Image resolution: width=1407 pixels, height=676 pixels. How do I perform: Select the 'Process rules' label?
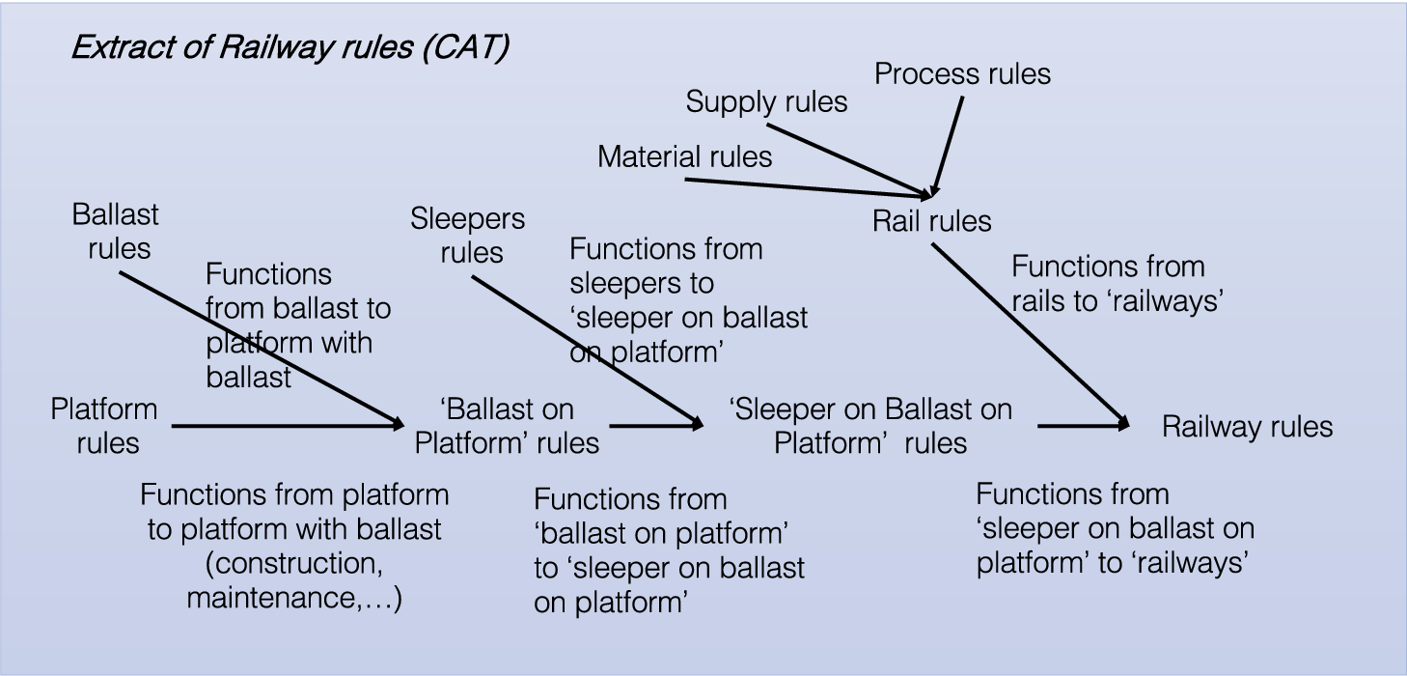[962, 74]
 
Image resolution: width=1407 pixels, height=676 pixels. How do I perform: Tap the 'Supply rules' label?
[766, 101]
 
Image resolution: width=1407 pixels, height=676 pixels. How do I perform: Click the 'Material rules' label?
[684, 156]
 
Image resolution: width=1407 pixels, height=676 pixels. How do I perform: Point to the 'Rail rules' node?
[931, 221]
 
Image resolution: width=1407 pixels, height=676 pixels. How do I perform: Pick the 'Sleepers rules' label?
[469, 236]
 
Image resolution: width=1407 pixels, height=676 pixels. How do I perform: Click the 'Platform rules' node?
[105, 426]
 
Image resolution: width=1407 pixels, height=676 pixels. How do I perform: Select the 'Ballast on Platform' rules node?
[507, 426]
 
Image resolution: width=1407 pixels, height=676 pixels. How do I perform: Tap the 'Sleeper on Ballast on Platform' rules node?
[870, 426]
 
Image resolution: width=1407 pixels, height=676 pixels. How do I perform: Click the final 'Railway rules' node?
[1247, 427]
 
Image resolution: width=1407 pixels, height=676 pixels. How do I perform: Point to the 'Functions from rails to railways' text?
[1117, 283]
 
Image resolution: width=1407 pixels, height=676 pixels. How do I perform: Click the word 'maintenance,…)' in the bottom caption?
[294, 598]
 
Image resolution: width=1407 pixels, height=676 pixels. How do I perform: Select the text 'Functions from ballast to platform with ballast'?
[297, 325]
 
